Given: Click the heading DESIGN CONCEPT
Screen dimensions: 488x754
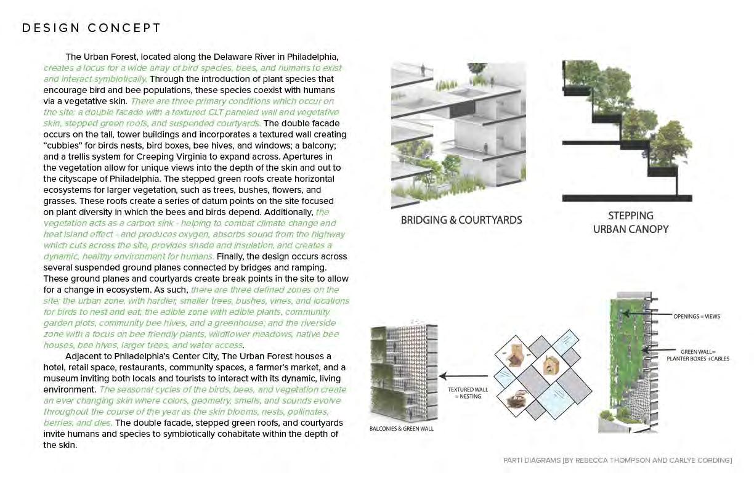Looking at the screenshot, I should (91, 28).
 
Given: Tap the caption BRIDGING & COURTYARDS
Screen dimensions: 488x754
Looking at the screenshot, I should (461, 220).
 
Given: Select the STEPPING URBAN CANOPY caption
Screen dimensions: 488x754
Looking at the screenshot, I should (630, 222).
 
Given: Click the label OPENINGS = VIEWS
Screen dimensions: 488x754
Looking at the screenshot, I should (696, 316).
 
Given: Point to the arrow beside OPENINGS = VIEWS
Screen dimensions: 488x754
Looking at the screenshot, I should (647, 315).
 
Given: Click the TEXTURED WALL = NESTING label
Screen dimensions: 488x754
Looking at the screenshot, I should (468, 393).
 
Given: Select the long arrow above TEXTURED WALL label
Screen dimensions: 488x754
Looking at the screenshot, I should (463, 375).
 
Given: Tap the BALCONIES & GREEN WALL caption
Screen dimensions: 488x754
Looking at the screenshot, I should (401, 428).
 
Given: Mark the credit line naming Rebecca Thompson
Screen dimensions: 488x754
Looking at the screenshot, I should (617, 460).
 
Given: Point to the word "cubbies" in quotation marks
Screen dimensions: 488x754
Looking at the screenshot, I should (63, 145).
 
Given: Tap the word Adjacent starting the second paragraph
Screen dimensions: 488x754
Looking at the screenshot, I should (84, 356).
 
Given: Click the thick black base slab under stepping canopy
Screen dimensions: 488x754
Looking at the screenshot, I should (626, 198).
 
